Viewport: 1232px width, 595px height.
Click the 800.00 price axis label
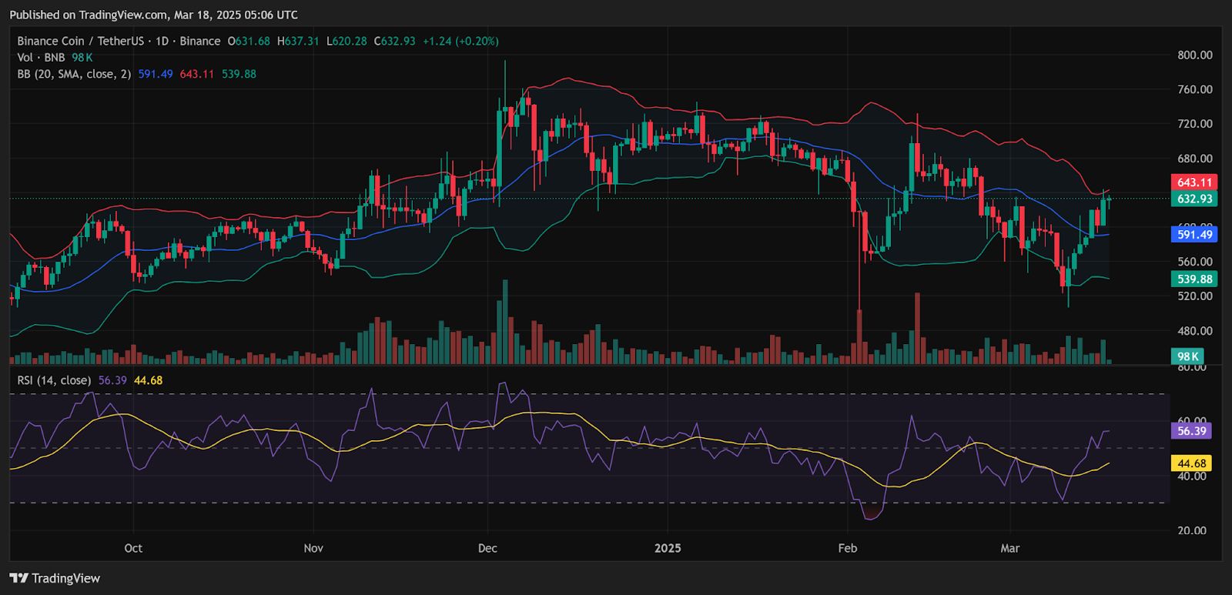1194,55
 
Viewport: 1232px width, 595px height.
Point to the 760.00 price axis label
1194,89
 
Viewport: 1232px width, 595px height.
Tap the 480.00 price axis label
1194,331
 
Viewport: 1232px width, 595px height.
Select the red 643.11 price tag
1194,182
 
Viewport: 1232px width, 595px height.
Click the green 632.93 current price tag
1194,199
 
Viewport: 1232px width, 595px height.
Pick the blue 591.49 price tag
1194,235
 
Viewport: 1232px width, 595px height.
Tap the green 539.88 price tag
1194,279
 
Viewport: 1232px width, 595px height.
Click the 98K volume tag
1187,356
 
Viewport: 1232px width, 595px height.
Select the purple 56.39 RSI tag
1191,431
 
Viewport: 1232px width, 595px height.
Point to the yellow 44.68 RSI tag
1191,463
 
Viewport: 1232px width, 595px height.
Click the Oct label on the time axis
133,548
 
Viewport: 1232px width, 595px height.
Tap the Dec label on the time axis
487,548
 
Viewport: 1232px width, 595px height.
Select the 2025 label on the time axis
668,548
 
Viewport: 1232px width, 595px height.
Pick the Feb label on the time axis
848,548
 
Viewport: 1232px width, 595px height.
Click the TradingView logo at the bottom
55,578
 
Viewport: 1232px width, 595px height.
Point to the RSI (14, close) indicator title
54,380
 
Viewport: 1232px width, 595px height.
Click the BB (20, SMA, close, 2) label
74,74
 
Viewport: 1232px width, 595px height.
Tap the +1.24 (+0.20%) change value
460,41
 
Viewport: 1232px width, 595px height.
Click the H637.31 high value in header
298,41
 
